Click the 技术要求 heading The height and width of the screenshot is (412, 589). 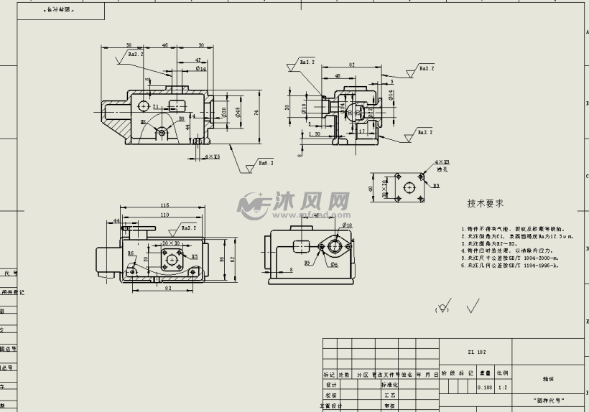point(485,204)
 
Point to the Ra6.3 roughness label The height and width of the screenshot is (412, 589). point(266,164)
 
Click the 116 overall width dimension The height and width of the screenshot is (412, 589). point(164,206)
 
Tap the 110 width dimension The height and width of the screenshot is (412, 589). point(164,215)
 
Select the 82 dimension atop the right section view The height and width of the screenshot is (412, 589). point(352,65)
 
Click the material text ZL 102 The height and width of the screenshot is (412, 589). point(476,352)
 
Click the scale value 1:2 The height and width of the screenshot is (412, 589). point(501,388)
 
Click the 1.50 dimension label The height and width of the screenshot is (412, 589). point(314,134)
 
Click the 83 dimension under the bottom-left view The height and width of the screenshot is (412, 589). point(167,289)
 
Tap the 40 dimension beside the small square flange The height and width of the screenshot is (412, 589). point(371,189)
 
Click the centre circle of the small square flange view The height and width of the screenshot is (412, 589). point(409,189)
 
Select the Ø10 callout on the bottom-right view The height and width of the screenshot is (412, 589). point(347,225)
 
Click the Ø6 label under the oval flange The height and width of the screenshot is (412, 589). point(335,264)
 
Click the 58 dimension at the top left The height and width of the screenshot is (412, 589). point(128,45)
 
